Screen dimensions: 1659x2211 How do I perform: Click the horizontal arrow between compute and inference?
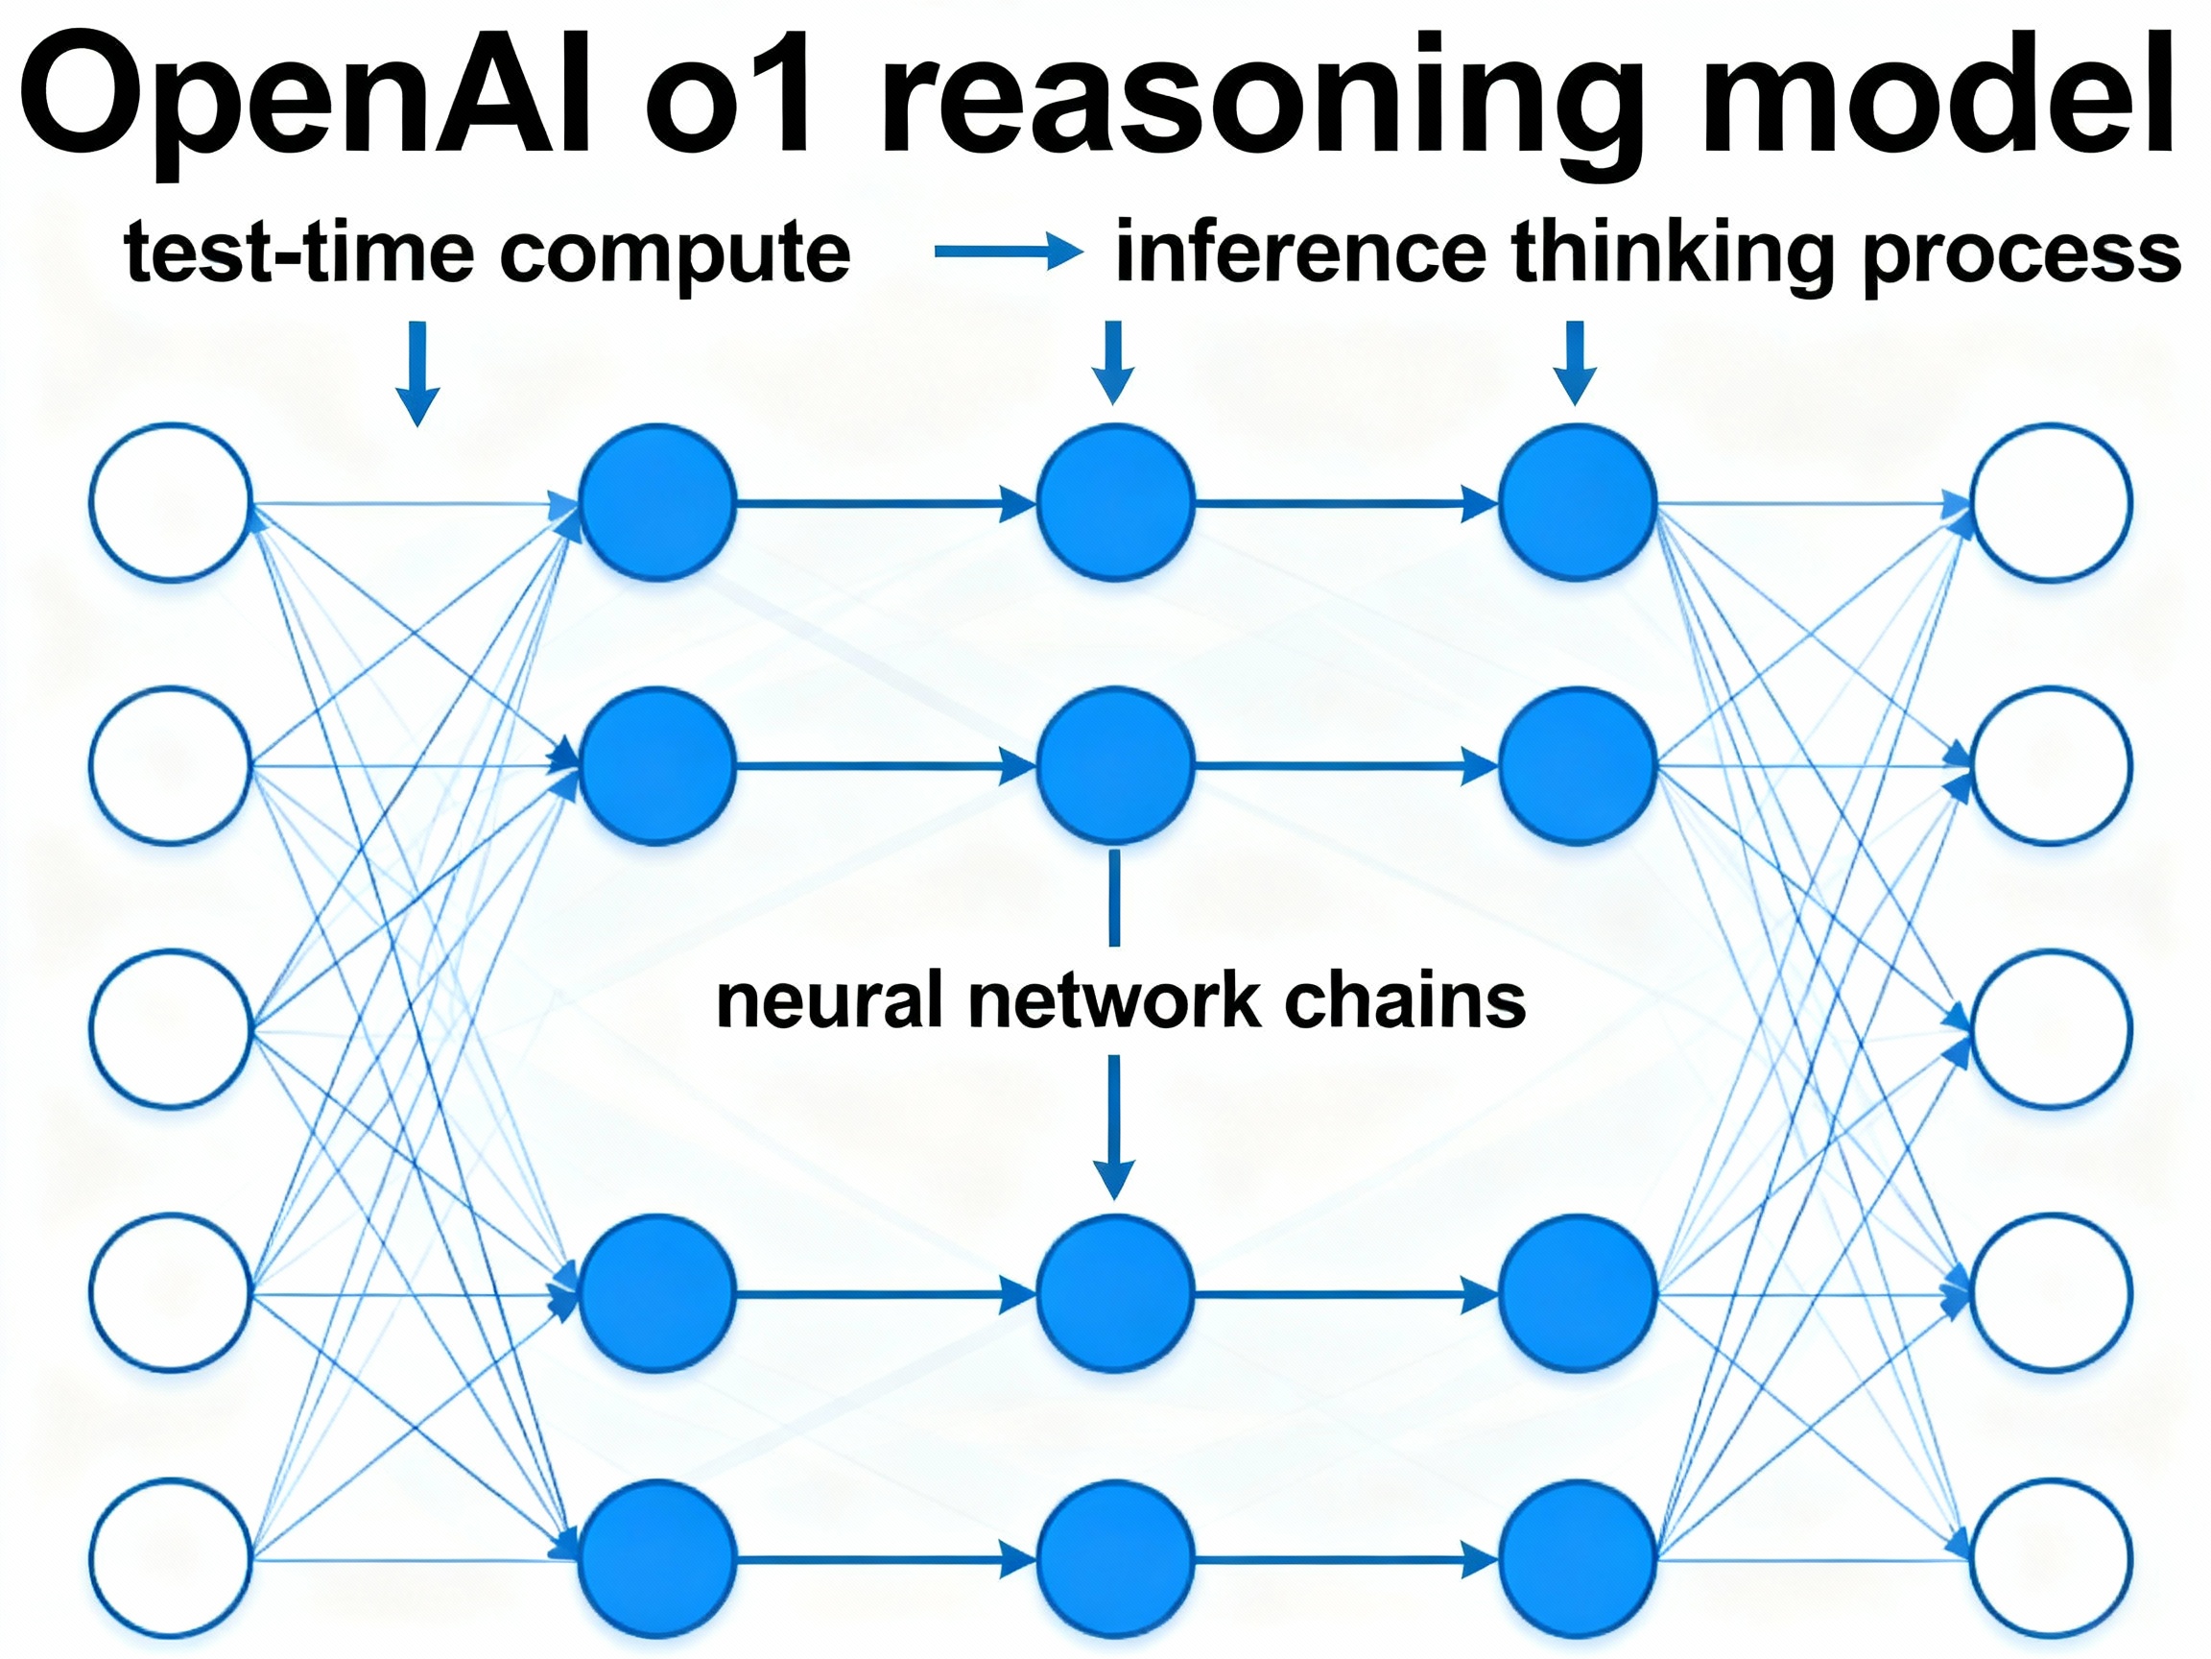coord(1008,251)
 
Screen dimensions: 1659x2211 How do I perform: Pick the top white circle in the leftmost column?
coord(171,502)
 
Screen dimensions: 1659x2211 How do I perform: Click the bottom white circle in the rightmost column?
coord(2050,1558)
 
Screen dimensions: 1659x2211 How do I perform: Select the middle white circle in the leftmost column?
coord(171,1029)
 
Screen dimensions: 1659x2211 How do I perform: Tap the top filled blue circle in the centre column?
coord(1115,502)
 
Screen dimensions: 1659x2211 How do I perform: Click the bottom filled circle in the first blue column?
coord(657,1558)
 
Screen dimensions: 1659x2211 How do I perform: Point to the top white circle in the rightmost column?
coord(2050,502)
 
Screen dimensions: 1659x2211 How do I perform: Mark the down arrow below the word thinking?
coord(1576,362)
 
